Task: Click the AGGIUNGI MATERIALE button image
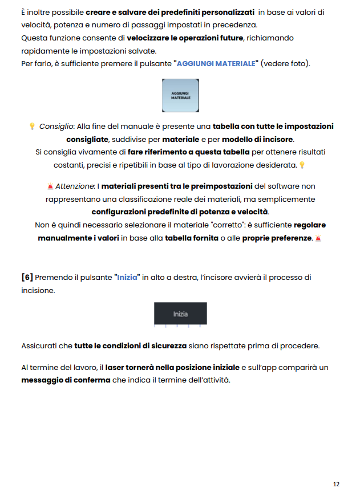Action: pos(180,95)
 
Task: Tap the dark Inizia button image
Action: pos(180,314)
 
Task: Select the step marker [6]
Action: pos(27,278)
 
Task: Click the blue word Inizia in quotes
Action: pos(127,278)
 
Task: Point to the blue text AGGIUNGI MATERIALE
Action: pos(216,63)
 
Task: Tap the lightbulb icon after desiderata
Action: pos(302,165)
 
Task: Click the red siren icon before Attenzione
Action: pos(50,186)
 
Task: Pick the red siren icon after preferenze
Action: pos(318,238)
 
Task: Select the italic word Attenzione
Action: pos(75,186)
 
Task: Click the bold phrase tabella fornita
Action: pos(192,238)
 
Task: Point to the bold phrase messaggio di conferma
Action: pos(66,380)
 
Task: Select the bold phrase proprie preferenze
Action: pos(277,238)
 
